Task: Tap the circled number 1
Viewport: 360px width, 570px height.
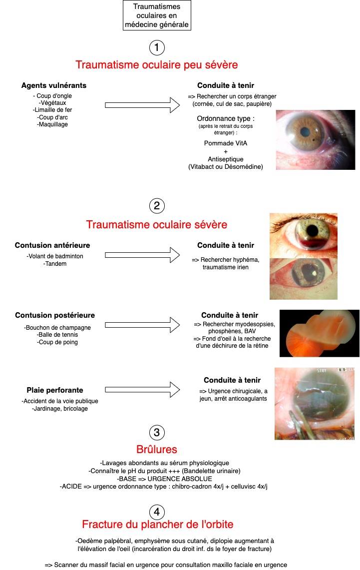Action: (157, 47)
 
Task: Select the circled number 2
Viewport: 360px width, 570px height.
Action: (157, 206)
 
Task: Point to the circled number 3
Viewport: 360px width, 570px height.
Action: (157, 433)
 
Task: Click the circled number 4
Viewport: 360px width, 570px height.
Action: (157, 512)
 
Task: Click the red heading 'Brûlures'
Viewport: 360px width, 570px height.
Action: (157, 449)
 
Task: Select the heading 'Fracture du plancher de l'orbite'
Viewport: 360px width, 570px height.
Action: (158, 524)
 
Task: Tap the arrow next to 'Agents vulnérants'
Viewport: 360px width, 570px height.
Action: (142, 105)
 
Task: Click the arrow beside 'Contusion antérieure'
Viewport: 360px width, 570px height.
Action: (142, 255)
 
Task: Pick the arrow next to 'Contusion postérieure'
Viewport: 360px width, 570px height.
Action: (142, 325)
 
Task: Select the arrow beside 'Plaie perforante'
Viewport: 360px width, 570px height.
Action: (142, 390)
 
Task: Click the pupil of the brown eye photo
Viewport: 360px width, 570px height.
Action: (305, 131)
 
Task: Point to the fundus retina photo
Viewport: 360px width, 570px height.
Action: (320, 333)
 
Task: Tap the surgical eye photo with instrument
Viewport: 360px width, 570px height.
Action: (315, 404)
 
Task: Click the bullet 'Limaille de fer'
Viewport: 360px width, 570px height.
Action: (52, 110)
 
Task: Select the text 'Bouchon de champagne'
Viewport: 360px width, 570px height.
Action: (57, 328)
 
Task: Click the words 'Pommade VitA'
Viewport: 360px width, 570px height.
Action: (226, 143)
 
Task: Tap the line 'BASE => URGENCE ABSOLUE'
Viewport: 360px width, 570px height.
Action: (165, 479)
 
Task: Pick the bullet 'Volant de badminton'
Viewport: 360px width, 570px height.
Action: (55, 256)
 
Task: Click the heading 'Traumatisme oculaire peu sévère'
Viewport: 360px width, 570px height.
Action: (157, 65)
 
